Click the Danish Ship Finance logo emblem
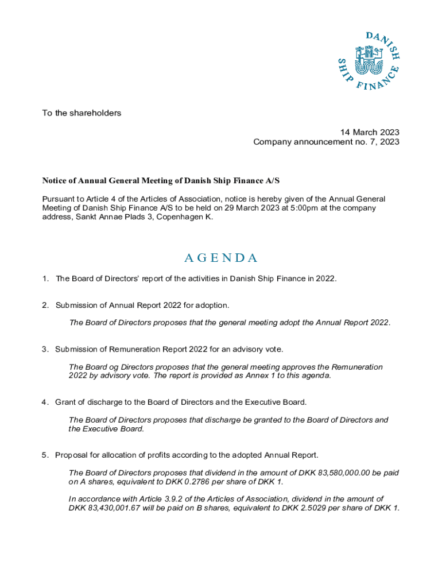pos(367,61)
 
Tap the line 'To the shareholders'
pos(82,113)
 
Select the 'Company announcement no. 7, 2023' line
pos(326,142)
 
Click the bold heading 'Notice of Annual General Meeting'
pos(161,181)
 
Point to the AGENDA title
pos(221,258)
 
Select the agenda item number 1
pos(44,279)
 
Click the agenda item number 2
pos(44,305)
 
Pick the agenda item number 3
pos(44,349)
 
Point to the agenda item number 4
pos(44,402)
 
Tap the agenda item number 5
pos(44,455)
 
